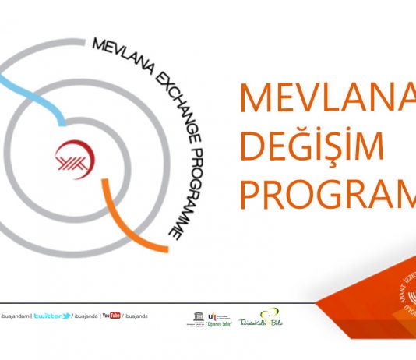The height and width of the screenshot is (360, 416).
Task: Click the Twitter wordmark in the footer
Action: [x=51, y=316]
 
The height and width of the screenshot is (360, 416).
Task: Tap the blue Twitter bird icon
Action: [x=69, y=316]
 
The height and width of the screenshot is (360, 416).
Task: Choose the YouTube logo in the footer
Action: [x=111, y=316]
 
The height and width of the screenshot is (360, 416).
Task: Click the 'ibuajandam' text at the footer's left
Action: [x=13, y=316]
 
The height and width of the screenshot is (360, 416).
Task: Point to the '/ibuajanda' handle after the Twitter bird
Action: [x=86, y=316]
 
